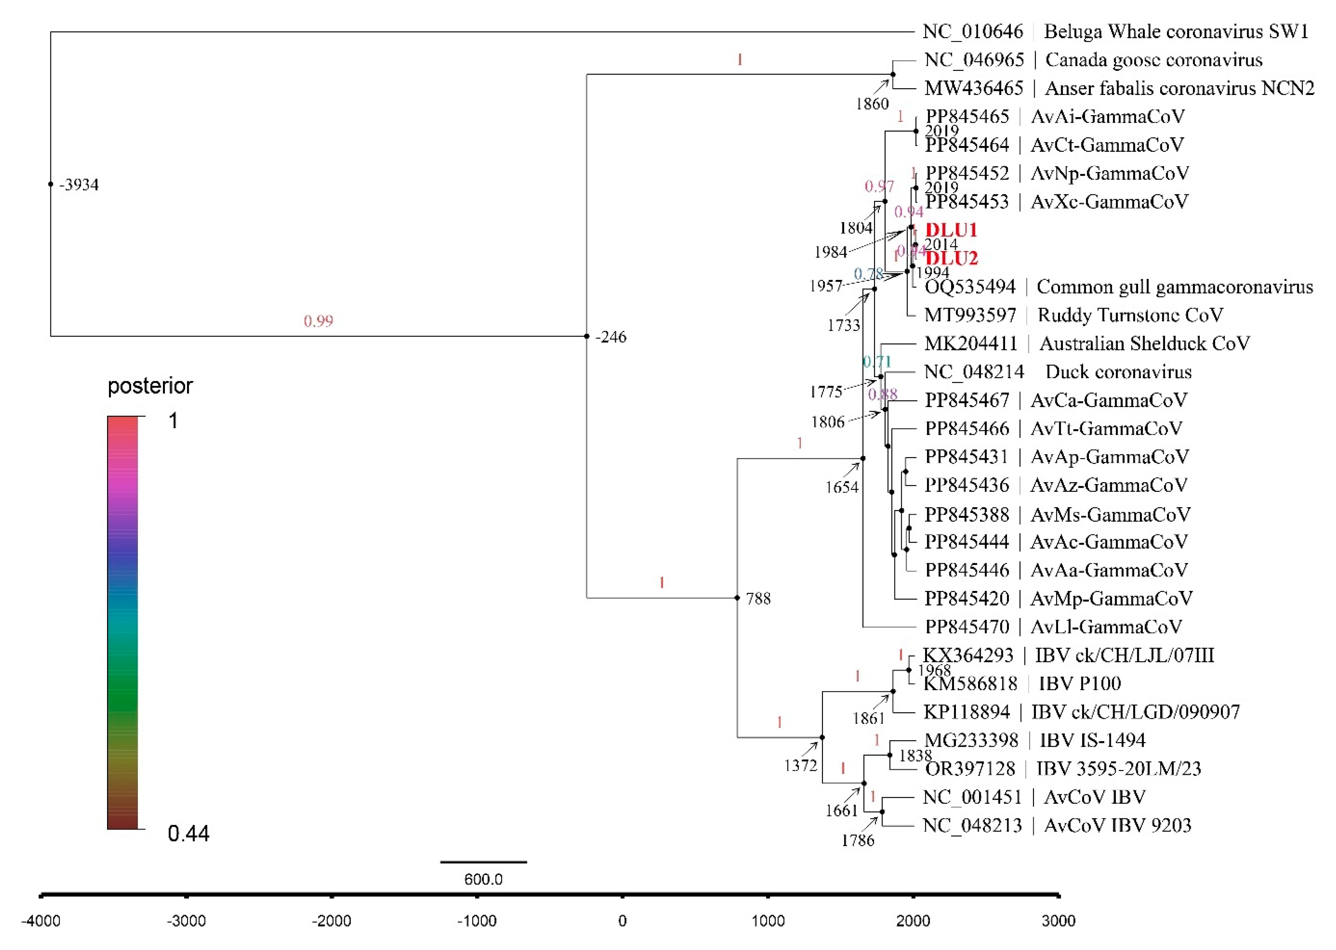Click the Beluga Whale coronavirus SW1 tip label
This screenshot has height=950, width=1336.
(x=1176, y=31)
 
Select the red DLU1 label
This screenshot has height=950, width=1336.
(x=951, y=230)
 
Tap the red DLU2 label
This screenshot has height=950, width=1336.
(x=951, y=258)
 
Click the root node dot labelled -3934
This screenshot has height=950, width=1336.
(x=51, y=184)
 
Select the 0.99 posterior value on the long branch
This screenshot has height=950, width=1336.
(x=318, y=320)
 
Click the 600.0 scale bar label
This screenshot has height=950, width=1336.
(x=483, y=879)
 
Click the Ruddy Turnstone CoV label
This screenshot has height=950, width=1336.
(x=1130, y=315)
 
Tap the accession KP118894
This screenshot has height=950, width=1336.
(x=966, y=712)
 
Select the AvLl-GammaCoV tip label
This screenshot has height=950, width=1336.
(x=1106, y=627)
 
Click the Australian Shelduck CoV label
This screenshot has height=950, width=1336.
(x=1144, y=343)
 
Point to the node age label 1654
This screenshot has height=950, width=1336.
(x=841, y=487)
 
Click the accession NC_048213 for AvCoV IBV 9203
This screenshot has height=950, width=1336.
(x=972, y=825)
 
